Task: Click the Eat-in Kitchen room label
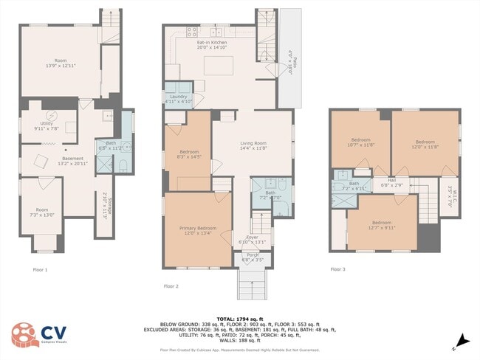(212, 45)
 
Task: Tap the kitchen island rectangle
(219, 67)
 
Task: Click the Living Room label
(252, 146)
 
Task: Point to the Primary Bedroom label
(197, 231)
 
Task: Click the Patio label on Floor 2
(288, 58)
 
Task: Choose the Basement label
(72, 161)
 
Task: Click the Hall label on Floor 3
(382, 181)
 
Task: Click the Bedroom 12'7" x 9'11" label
(381, 225)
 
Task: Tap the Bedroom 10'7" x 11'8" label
(360, 142)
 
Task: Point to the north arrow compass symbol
(461, 339)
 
